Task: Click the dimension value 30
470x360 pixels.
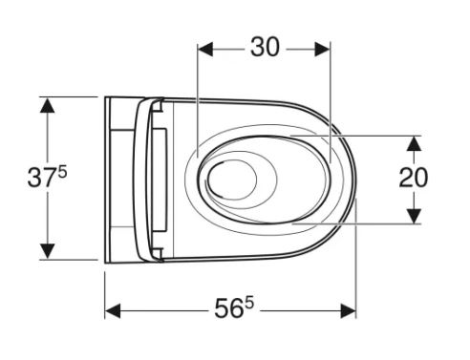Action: click(265, 47)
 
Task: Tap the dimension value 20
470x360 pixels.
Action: click(414, 178)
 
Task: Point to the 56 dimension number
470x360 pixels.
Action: click(228, 308)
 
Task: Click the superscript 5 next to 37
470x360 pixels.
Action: click(62, 173)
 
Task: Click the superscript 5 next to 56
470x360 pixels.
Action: click(249, 304)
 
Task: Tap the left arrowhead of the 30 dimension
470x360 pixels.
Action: click(205, 50)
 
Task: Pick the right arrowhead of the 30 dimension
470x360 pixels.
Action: click(322, 50)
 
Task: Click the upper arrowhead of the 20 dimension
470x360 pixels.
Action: click(414, 143)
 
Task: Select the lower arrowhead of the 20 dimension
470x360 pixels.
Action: click(414, 216)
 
